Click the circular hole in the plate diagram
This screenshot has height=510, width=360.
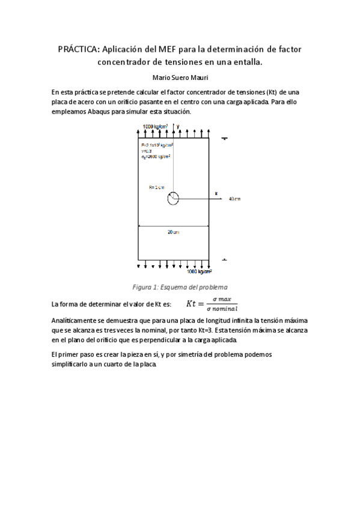pyautogui.click(x=173, y=198)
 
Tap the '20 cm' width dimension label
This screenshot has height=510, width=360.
pyautogui.click(x=174, y=232)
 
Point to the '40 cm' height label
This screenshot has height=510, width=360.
pyautogui.click(x=234, y=198)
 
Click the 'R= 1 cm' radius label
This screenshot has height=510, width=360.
pyautogui.click(x=156, y=188)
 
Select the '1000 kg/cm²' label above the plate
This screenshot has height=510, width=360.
pyautogui.click(x=155, y=126)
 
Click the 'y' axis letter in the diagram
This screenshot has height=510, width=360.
pyautogui.click(x=178, y=126)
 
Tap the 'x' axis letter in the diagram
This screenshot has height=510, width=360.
pyautogui.click(x=216, y=193)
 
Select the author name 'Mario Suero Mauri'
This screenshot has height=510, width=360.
pyautogui.click(x=180, y=78)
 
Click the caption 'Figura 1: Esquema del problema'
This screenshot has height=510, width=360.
pyautogui.click(x=180, y=287)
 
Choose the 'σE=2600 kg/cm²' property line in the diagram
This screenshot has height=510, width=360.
pyautogui.click(x=156, y=157)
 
